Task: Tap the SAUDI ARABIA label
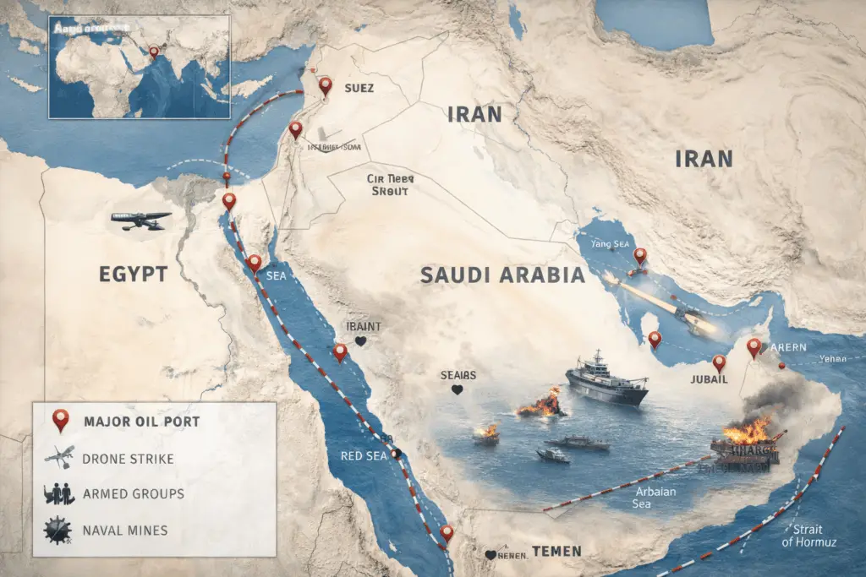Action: click(502, 275)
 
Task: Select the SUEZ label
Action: click(359, 87)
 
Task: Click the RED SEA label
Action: click(363, 457)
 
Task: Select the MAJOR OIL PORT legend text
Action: click(142, 422)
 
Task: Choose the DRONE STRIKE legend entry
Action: click(129, 459)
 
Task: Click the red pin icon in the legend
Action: click(59, 419)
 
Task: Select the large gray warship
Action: click(606, 381)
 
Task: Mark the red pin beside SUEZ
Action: click(326, 85)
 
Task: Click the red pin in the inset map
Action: click(154, 52)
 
